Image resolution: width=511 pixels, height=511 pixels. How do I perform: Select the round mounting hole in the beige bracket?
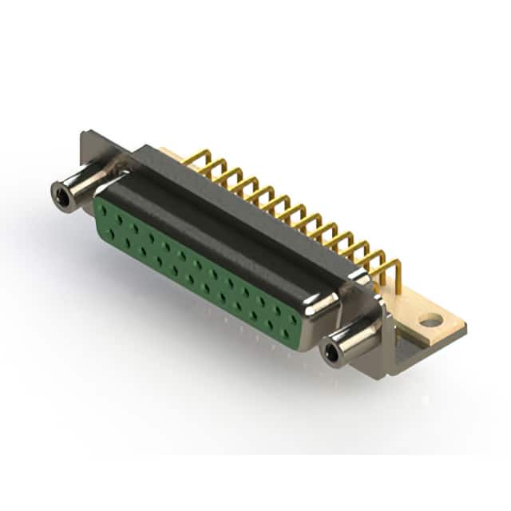pos(430,321)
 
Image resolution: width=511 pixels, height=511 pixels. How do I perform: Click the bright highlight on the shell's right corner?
pos(323,303)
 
